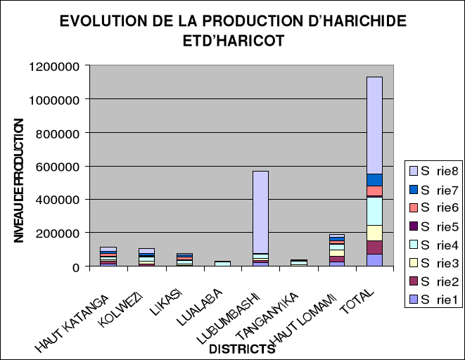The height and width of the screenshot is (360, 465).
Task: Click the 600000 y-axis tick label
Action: (61, 167)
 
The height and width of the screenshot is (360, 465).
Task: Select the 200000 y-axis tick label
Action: (61, 233)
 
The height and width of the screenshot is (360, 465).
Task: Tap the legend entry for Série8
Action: (429, 171)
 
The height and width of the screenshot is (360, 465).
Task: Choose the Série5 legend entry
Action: (429, 226)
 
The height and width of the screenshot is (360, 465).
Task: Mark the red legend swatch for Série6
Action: (413, 207)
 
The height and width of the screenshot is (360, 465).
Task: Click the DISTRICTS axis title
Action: (241, 349)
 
